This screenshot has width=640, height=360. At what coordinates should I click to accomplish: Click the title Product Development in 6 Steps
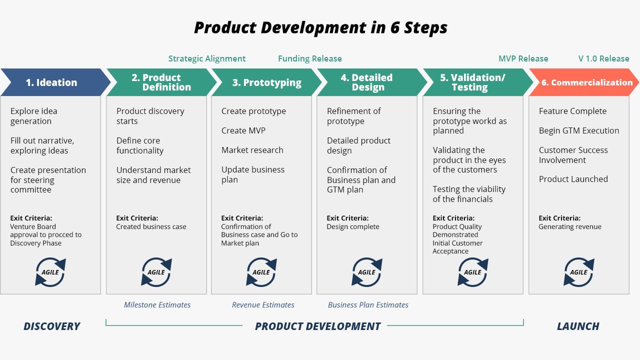[x=320, y=27]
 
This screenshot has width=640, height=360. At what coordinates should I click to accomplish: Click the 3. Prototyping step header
[x=266, y=82]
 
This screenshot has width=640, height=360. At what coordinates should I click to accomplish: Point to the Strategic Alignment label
[x=207, y=58]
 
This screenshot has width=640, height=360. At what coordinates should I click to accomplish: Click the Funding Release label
[x=310, y=58]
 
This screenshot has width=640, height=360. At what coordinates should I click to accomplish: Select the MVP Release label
[x=523, y=58]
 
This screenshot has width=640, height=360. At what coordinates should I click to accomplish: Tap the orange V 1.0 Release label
[x=603, y=58]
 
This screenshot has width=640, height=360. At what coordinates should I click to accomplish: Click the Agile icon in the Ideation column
[x=50, y=272]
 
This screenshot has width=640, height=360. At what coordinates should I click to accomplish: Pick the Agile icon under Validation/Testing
[x=472, y=272]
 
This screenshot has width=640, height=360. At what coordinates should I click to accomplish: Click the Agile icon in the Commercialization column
[x=578, y=272]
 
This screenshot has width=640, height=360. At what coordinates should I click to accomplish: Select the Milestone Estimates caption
[x=157, y=304]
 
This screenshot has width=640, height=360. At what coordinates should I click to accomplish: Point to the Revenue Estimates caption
[x=263, y=304]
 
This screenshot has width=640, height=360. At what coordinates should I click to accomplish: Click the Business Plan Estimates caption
[x=368, y=304]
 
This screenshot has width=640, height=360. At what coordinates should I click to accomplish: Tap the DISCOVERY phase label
[x=51, y=326]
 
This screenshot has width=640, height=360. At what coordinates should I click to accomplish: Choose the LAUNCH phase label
[x=578, y=326]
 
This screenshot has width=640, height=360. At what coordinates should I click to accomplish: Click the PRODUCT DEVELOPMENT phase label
[x=318, y=326]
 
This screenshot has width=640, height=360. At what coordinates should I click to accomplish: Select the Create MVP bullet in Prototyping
[x=243, y=130]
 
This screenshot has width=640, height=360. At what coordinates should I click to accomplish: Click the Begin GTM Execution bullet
[x=579, y=130]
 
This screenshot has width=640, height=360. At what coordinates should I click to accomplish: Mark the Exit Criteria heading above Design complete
[x=347, y=218]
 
